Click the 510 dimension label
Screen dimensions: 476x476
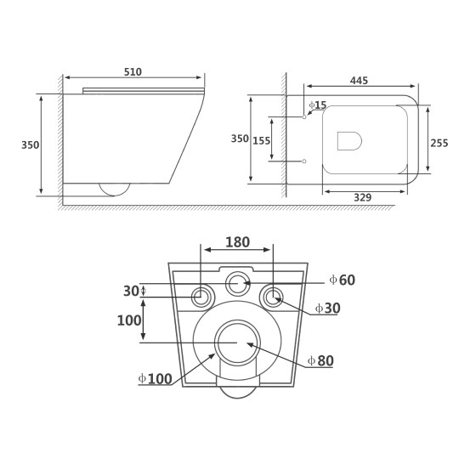133,72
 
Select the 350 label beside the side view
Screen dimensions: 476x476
30,145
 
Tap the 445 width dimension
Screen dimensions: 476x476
359,81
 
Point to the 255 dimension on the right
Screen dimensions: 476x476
439,143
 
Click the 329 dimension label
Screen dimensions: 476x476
362,197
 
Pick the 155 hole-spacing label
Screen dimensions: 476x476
262,141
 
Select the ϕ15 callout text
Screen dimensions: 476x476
318,105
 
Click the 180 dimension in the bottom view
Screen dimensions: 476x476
237,242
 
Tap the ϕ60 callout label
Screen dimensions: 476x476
342,280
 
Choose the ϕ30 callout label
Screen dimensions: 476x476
327,309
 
